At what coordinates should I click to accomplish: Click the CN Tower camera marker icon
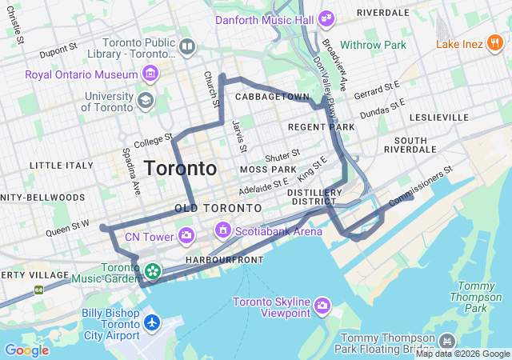click(186, 235)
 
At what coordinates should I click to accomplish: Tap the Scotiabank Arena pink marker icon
click(223, 231)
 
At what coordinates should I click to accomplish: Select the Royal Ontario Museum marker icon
click(150, 74)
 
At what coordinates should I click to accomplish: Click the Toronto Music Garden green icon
click(152, 272)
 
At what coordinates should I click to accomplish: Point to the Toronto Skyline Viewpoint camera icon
click(322, 304)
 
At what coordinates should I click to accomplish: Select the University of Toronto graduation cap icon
click(146, 101)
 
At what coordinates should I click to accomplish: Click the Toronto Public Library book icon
click(186, 48)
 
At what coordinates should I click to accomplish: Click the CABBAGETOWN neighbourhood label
click(272, 97)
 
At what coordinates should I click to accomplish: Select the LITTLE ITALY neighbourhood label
click(62, 165)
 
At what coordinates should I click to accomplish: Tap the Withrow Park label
click(373, 45)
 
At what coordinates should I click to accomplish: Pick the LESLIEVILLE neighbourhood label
click(438, 117)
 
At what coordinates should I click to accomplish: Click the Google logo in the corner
click(26, 350)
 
